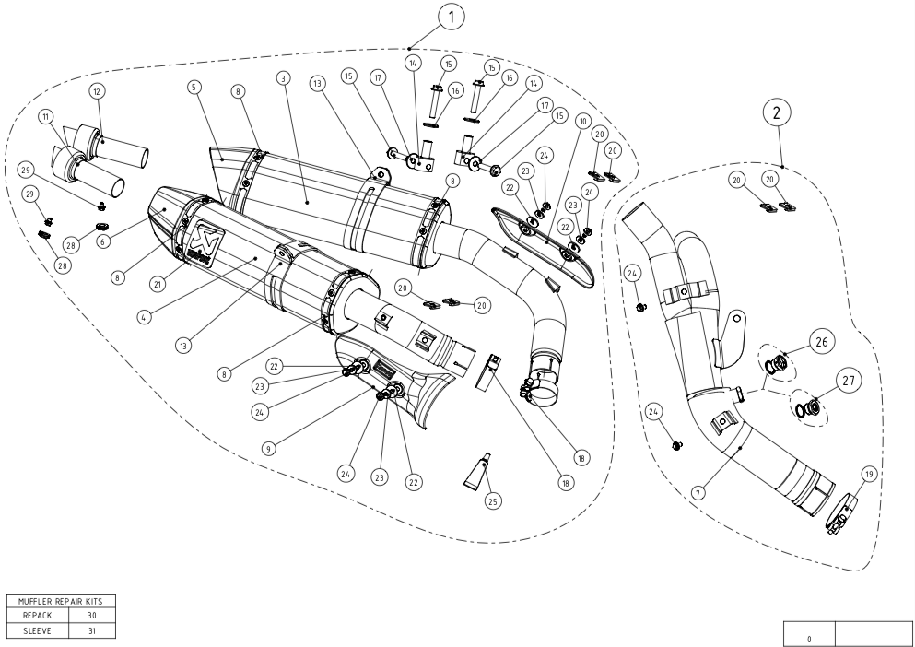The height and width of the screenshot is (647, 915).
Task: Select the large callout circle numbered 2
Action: tap(777, 113)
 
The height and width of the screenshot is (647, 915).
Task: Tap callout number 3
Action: tap(284, 78)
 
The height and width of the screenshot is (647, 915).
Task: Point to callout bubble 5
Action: tap(194, 87)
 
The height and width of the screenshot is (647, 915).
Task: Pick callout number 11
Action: tap(44, 118)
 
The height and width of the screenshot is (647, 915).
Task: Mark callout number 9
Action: tap(267, 449)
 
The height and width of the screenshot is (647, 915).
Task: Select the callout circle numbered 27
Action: tap(848, 379)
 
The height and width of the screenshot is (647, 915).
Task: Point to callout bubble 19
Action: tap(867, 475)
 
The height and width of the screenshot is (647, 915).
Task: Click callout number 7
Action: tap(699, 494)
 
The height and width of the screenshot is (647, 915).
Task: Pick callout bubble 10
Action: tap(581, 121)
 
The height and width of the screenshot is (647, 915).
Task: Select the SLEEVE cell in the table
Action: tap(39, 631)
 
